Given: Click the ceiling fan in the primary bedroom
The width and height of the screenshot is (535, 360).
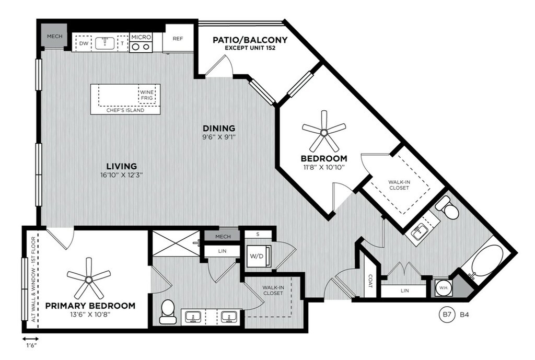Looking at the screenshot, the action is tap(89, 280).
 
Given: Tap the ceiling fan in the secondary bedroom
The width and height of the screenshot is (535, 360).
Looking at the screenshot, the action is tap(324, 132).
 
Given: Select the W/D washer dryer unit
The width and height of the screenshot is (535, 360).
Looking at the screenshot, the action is tap(259, 256).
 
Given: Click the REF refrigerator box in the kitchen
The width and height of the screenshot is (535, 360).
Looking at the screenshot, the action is tap(178, 39).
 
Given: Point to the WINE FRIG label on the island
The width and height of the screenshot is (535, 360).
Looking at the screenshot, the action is tap(147, 95).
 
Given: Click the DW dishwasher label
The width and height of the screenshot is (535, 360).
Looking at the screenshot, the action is tap(84, 44).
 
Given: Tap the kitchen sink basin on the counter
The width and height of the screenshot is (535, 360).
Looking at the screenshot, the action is tap(104, 43).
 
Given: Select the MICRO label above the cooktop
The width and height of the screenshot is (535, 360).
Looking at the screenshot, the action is tap(141, 37).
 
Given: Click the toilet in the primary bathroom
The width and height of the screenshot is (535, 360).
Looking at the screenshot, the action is tap(168, 311).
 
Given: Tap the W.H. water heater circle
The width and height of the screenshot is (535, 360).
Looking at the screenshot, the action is tap(444, 288).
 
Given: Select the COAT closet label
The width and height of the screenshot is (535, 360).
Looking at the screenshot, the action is tap(370, 281).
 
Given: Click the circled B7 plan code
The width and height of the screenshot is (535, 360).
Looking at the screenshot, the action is tap(447, 314).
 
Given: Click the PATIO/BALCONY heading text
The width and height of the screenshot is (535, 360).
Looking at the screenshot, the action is tap(250, 40).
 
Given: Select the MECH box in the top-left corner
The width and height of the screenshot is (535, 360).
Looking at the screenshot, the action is tap(54, 36).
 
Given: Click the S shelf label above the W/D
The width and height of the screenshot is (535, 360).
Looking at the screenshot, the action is tap(258, 235).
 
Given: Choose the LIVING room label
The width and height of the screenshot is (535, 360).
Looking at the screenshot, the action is tap(121, 166).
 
